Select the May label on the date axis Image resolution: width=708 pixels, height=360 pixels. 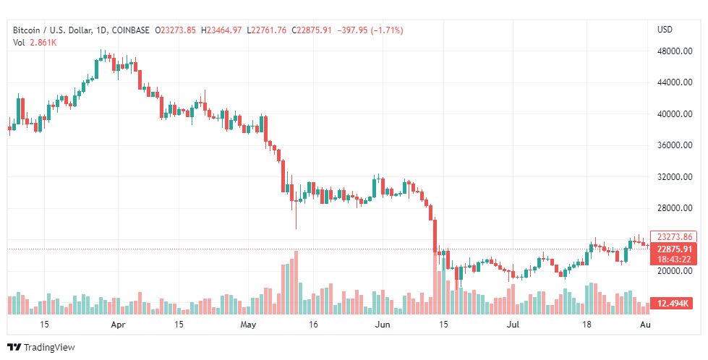249,325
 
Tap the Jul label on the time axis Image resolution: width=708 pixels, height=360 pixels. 513,325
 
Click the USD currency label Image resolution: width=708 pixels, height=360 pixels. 665,30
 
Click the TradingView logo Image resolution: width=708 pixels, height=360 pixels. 41,348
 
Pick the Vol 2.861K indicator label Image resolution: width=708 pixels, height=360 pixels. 35,43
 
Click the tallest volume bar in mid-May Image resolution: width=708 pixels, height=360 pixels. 296,282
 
